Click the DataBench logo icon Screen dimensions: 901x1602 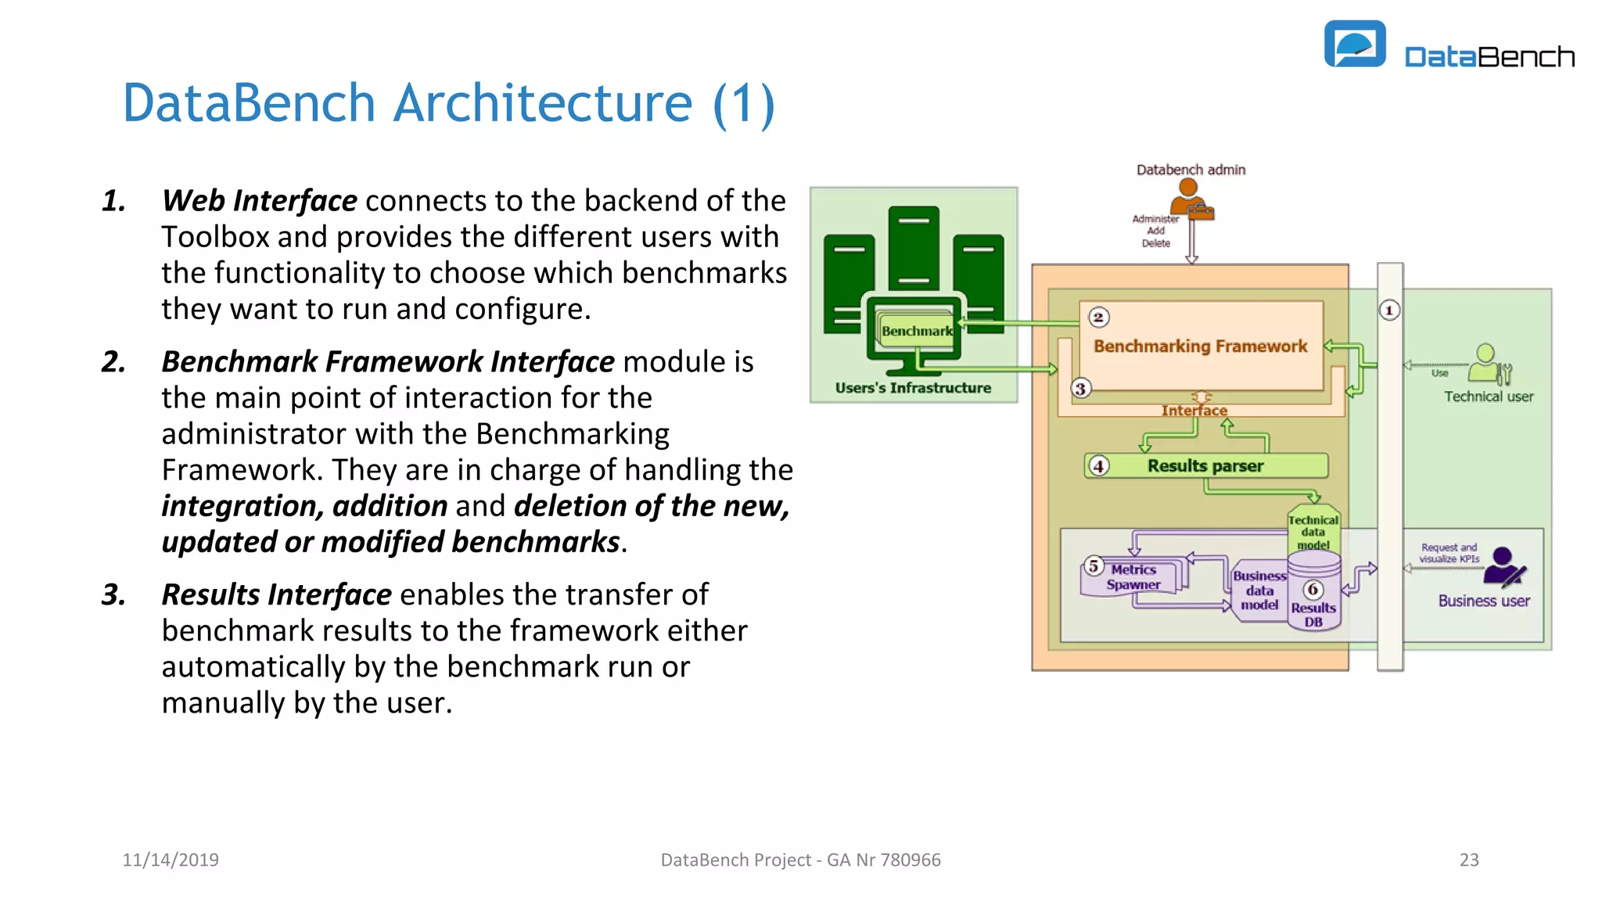[1354, 44]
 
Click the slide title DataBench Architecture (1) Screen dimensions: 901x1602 [448, 103]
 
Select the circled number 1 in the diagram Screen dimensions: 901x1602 [1389, 311]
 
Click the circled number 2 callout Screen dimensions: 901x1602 [1098, 318]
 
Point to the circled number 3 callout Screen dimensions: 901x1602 [1080, 389]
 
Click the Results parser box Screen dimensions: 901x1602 [1205, 466]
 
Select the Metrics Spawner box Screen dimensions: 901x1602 [1133, 578]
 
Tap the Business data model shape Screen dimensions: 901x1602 [1259, 590]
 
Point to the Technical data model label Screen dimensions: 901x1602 [1313, 532]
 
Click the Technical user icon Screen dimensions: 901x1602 [1489, 364]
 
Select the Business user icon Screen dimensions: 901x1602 [1503, 568]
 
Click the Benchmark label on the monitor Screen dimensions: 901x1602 [917, 331]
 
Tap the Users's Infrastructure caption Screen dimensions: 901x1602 [913, 388]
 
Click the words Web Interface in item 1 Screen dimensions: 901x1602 [260, 201]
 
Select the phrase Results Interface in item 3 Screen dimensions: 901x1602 [276, 595]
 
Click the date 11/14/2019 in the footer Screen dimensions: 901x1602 [171, 860]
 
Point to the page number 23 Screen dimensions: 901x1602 [1469, 860]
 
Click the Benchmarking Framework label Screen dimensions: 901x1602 [1200, 346]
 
